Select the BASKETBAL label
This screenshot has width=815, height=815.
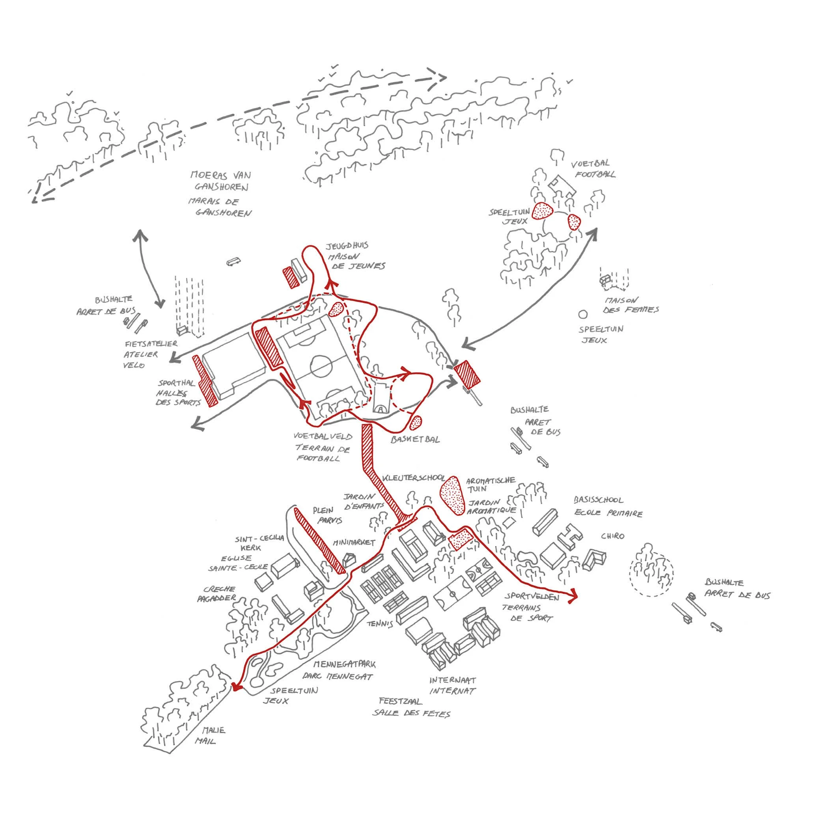click(415, 440)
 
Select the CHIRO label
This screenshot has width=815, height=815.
click(612, 536)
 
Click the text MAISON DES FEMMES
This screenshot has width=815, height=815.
click(630, 306)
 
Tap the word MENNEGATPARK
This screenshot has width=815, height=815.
click(344, 665)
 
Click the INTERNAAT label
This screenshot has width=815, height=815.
click(453, 680)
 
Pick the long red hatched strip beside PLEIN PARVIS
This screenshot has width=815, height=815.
click(319, 541)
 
